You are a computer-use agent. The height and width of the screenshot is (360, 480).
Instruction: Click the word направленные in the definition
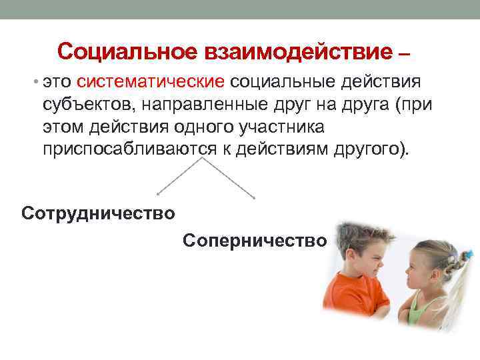pyautogui.click(x=203, y=104)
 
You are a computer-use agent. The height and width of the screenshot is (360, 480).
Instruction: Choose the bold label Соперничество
pyautogui.click(x=255, y=239)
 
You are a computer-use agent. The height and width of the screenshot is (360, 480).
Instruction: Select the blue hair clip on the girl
pyautogui.click(x=470, y=254)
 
